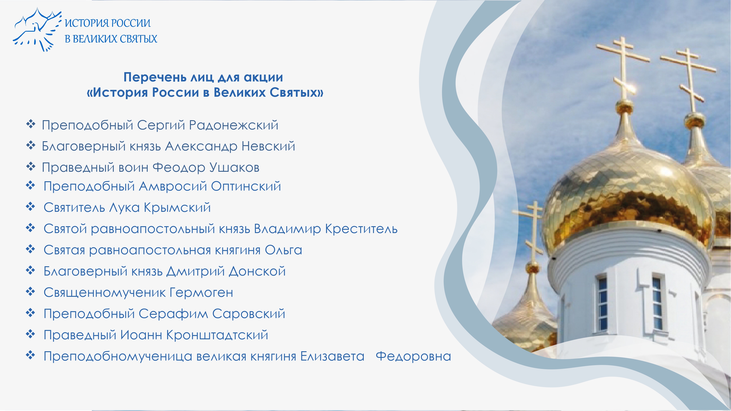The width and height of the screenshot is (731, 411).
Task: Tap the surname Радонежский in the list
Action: coord(234,125)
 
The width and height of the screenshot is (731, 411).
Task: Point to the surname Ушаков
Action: coord(235,168)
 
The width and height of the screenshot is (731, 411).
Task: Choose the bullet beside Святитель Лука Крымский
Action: coord(30,207)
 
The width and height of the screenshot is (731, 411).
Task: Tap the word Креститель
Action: coord(361,229)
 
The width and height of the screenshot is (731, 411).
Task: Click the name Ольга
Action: coord(283,250)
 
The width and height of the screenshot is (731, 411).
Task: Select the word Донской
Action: coord(257,271)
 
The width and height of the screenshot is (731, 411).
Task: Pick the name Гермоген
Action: coord(201,293)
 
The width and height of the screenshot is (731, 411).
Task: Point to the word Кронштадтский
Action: coord(217,335)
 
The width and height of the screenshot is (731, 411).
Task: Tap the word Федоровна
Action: coord(413,356)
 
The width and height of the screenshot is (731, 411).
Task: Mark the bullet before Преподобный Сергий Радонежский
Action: coord(30,124)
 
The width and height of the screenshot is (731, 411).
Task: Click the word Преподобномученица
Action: coord(118,357)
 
